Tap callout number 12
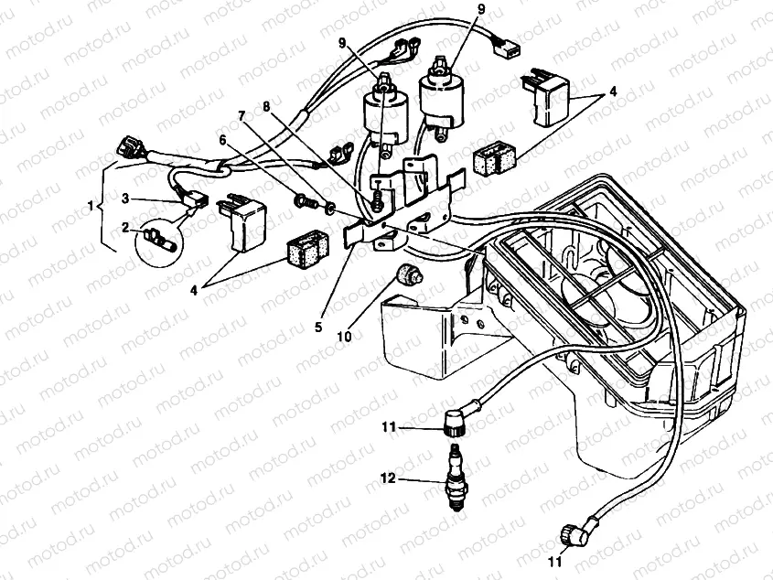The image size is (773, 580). click(387, 478)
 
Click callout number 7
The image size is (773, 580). click(243, 117)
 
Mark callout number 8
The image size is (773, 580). click(267, 107)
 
